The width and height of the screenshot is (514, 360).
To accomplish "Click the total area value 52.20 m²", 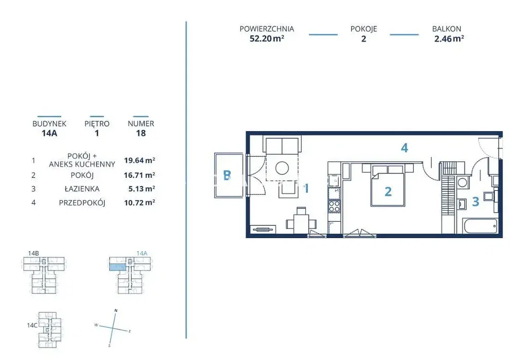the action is (x=267, y=39).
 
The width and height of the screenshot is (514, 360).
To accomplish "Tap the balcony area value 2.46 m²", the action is (x=449, y=39).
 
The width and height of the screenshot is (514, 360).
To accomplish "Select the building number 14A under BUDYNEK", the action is (x=49, y=133).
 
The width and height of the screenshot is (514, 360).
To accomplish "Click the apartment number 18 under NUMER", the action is (x=141, y=133).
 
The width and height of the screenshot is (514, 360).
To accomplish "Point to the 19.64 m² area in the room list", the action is (x=139, y=160).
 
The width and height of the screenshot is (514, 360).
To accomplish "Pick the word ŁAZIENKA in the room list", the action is (x=82, y=189).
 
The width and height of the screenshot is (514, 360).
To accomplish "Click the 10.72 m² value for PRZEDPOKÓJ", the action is (x=139, y=203).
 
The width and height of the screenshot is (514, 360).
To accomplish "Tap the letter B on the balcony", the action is (x=227, y=175).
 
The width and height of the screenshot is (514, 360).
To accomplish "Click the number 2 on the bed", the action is (x=388, y=191).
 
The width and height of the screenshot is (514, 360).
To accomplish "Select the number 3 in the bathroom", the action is (x=475, y=201).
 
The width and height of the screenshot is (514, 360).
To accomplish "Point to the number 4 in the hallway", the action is (x=405, y=148).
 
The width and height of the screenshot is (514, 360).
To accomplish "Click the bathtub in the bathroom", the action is (x=480, y=226).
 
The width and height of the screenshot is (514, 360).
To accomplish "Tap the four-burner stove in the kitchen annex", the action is (x=335, y=206).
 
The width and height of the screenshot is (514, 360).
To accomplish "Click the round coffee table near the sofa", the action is (x=282, y=168).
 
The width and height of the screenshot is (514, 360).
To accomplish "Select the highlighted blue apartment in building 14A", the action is (x=117, y=267).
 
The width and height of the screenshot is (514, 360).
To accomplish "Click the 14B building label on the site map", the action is (x=33, y=253).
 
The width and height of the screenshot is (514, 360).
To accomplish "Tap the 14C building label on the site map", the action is (x=32, y=325).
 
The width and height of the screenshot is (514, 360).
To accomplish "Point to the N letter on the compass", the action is (x=116, y=311).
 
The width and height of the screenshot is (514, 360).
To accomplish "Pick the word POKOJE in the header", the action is (x=363, y=29).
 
